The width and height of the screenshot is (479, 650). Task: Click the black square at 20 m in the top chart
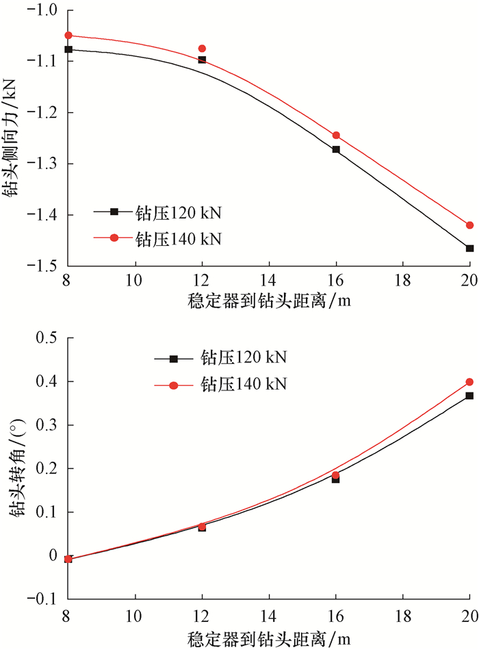coord(469,248)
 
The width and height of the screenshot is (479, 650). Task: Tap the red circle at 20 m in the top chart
coord(469,225)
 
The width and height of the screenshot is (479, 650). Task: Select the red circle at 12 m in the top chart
coord(202,49)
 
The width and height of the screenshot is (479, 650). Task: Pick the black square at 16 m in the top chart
coord(336,149)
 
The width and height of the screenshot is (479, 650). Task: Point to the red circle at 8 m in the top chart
coord(68,35)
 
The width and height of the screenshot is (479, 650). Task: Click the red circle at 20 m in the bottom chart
coord(469,382)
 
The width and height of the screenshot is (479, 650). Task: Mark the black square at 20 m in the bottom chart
coord(469,396)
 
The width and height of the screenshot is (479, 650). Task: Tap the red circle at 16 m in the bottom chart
coord(336,475)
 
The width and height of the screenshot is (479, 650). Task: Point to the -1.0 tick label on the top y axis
coord(43,9)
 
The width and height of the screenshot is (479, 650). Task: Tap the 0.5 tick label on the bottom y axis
coord(49,338)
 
